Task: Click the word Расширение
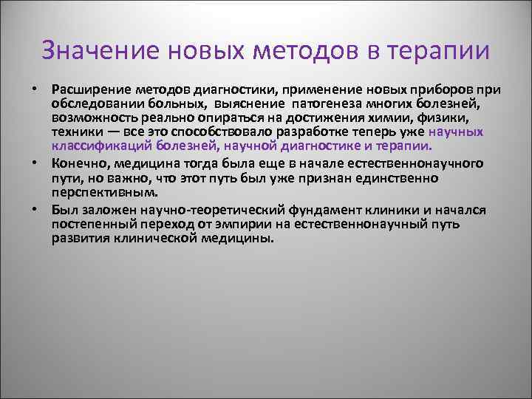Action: [x=87, y=90]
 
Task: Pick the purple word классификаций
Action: [x=97, y=146]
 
